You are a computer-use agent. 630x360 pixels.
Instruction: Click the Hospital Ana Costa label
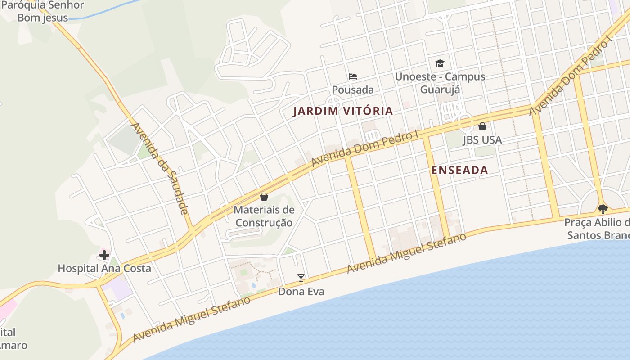tap(104, 269)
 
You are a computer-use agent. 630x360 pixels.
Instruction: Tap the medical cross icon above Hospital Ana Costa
tap(104, 256)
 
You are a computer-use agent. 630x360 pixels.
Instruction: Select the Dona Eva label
tap(301, 292)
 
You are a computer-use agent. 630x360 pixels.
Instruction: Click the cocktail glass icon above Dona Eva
tap(301, 278)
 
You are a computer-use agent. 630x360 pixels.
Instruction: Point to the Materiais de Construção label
tap(264, 216)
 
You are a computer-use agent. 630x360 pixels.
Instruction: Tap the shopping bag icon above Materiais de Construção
tap(264, 197)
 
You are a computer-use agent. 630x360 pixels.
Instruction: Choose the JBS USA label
tap(482, 140)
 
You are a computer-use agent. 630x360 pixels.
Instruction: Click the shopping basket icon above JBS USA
tap(482, 126)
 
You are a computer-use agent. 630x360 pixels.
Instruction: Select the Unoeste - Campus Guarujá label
tap(440, 83)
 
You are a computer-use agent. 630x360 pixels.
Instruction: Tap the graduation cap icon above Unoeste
tap(440, 63)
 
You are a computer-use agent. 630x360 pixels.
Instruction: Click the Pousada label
tap(353, 90)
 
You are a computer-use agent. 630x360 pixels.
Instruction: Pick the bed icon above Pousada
tap(353, 76)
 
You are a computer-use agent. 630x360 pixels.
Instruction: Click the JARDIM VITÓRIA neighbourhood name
tap(343, 111)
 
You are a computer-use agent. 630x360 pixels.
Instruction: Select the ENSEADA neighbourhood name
tap(459, 170)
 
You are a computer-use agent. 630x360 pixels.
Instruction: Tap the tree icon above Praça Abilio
tap(603, 209)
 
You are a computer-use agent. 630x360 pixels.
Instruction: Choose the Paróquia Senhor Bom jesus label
tap(43, 12)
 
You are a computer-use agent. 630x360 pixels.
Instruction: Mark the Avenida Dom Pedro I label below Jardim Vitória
tap(365, 148)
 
